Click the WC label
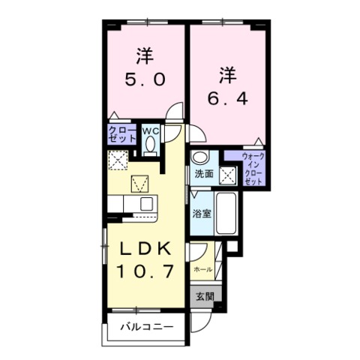pyautogui.click(x=150, y=130)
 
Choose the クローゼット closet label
pyautogui.click(x=122, y=136)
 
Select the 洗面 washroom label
pyautogui.click(x=203, y=175)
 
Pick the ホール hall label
pyautogui.click(x=202, y=268)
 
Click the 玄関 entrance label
pyautogui.click(x=205, y=296)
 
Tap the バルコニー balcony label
pyautogui.click(x=147, y=327)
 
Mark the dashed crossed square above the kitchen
pyautogui.click(x=118, y=160)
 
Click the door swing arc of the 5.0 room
pyautogui.click(x=175, y=114)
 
